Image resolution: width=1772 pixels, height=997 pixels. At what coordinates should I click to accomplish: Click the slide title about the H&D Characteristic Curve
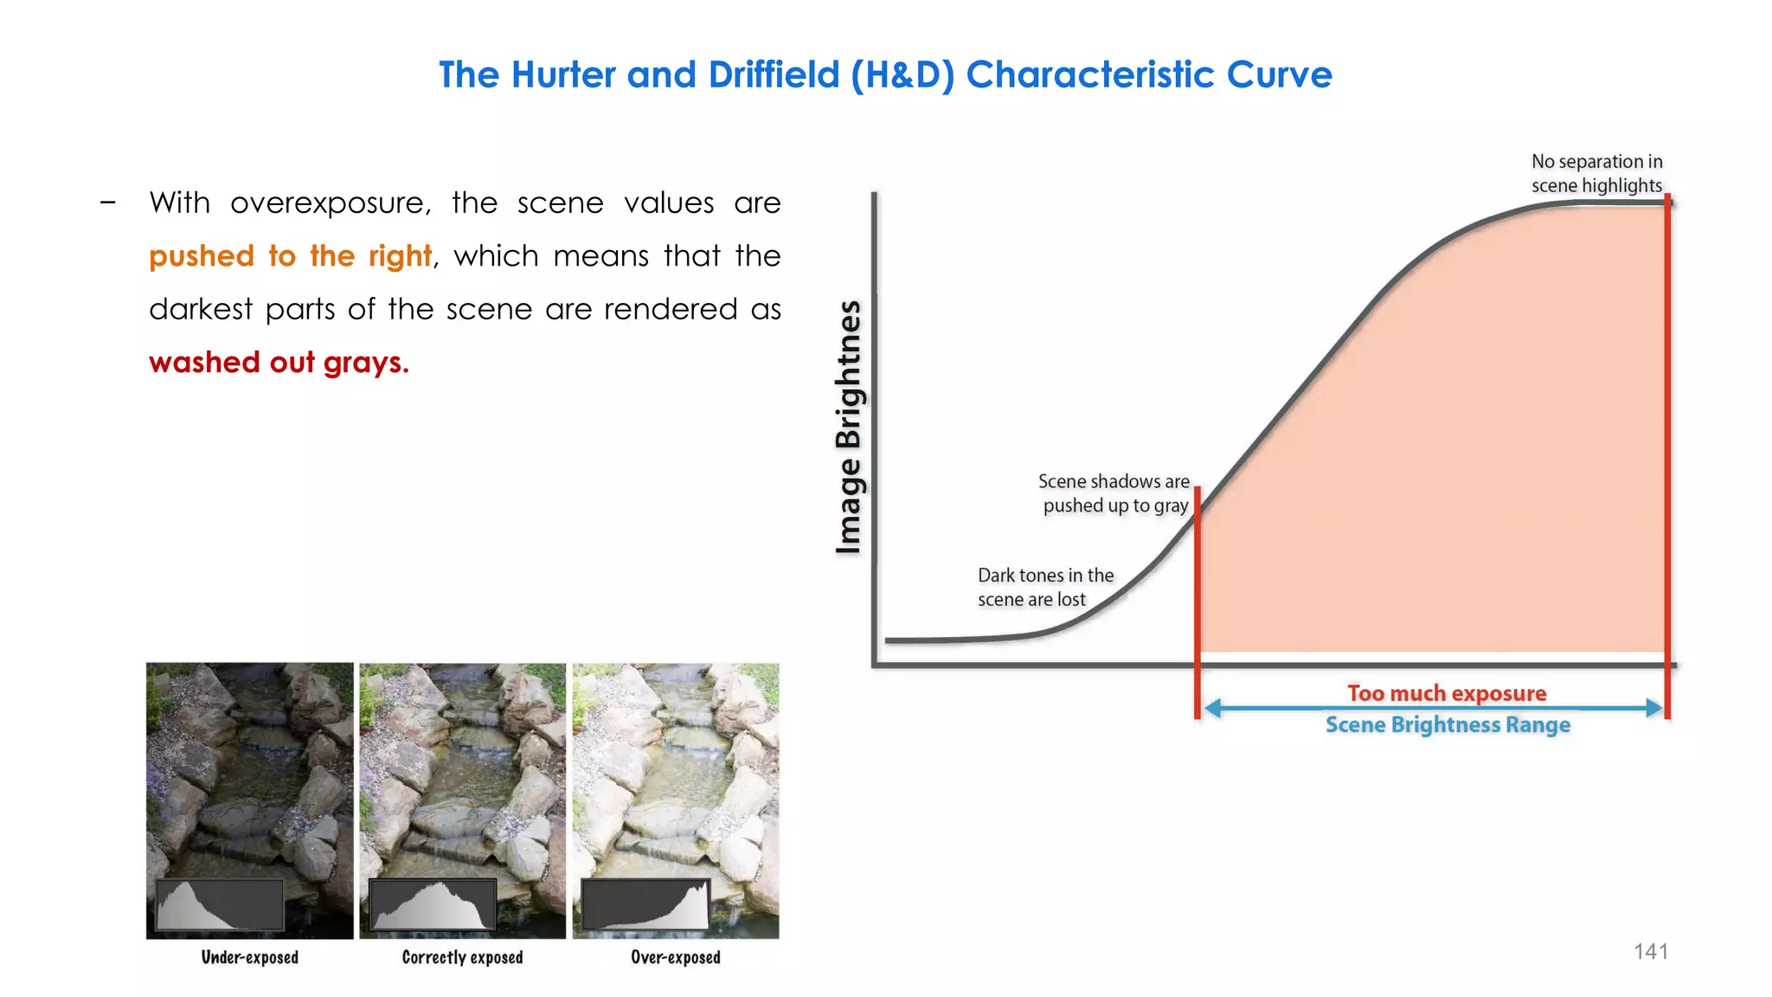(885, 75)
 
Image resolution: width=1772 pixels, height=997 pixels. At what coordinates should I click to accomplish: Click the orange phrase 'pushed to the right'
(290, 257)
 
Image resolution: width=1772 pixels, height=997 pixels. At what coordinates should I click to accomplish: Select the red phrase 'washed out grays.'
(279, 363)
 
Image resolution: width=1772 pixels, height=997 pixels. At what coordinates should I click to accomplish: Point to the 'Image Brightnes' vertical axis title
(849, 427)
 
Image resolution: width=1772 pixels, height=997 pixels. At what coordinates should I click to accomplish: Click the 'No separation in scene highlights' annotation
(1596, 173)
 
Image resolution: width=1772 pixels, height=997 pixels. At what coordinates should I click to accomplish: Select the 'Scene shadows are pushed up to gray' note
(1114, 493)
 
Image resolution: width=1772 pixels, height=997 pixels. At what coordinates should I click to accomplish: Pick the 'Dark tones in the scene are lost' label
(1045, 588)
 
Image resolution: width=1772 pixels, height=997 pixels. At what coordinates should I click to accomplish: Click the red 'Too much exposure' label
(1447, 693)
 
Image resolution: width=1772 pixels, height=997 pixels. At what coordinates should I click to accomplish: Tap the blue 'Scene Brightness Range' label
(1448, 725)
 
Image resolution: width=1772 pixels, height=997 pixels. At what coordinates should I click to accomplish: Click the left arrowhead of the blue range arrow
(1212, 709)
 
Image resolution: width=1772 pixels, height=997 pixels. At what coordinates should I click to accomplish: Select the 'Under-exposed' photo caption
(250, 957)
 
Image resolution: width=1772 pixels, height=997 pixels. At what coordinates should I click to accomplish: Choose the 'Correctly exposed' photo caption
(462, 957)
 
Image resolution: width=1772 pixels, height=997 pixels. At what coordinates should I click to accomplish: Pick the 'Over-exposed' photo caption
(676, 957)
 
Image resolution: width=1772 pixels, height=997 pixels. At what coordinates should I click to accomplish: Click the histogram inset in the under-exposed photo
(220, 905)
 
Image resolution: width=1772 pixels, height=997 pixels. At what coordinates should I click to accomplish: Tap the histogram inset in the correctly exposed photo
(433, 905)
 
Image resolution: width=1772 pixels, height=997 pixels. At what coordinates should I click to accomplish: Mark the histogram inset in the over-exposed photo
(645, 905)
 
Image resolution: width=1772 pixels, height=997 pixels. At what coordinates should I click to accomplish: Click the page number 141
(1650, 952)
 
